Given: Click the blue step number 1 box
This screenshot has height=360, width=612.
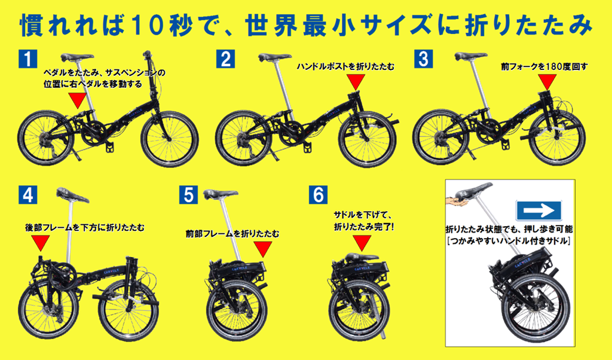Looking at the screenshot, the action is point(27,59).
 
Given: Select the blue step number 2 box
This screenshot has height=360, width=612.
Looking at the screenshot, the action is point(225,59).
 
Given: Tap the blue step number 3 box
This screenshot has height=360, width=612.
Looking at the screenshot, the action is point(423,59).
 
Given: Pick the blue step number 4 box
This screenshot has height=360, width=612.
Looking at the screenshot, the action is point(27,194).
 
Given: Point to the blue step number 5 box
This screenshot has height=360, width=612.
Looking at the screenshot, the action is point(188,194).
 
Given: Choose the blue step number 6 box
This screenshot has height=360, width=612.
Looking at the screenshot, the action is point(318,194).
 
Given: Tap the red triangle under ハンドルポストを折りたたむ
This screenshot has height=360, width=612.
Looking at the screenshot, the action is point(356,81).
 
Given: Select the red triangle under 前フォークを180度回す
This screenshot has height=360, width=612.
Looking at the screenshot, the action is point(547,81).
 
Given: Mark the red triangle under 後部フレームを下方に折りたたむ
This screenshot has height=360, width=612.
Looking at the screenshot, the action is point(41,242).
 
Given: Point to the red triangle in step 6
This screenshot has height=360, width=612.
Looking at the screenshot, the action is point(362,243).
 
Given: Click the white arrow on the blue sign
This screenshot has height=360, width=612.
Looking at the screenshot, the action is point(538,211).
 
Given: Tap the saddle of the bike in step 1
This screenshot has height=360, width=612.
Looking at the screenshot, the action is point(77,57).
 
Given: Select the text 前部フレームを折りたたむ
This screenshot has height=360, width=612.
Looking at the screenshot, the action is point(232,234).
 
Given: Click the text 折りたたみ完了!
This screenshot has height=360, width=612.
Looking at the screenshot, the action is point(364,227).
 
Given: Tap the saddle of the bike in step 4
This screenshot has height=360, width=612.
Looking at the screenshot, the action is point(72,194).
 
